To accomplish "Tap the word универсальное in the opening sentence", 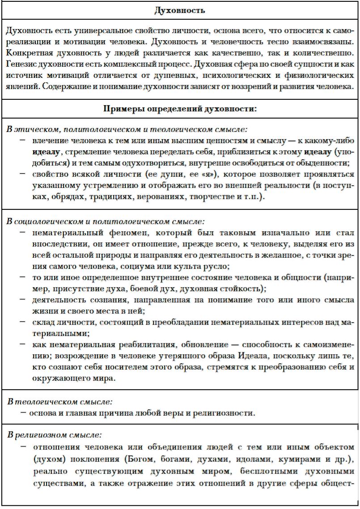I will (x=96, y=32).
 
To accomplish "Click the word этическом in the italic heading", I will (x=37, y=130).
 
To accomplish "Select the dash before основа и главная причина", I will (x=22, y=412).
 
